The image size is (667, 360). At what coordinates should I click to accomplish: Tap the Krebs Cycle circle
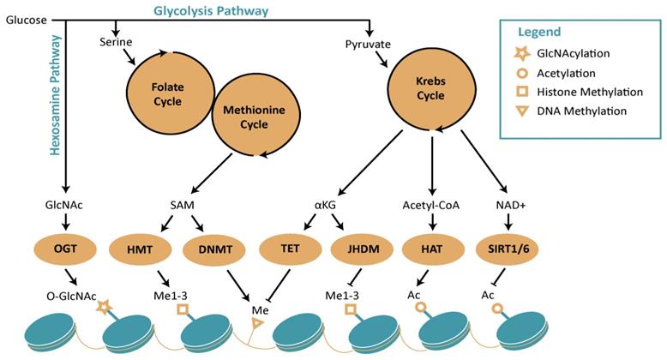coord(431,87)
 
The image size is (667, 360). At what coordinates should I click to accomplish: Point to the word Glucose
coord(25,20)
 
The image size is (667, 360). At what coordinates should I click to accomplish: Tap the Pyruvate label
coord(369,44)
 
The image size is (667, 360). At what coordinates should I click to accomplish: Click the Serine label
coord(116,41)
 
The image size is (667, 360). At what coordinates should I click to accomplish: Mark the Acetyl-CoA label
coord(432,206)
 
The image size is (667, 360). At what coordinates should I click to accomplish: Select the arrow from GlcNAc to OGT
coord(65,225)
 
